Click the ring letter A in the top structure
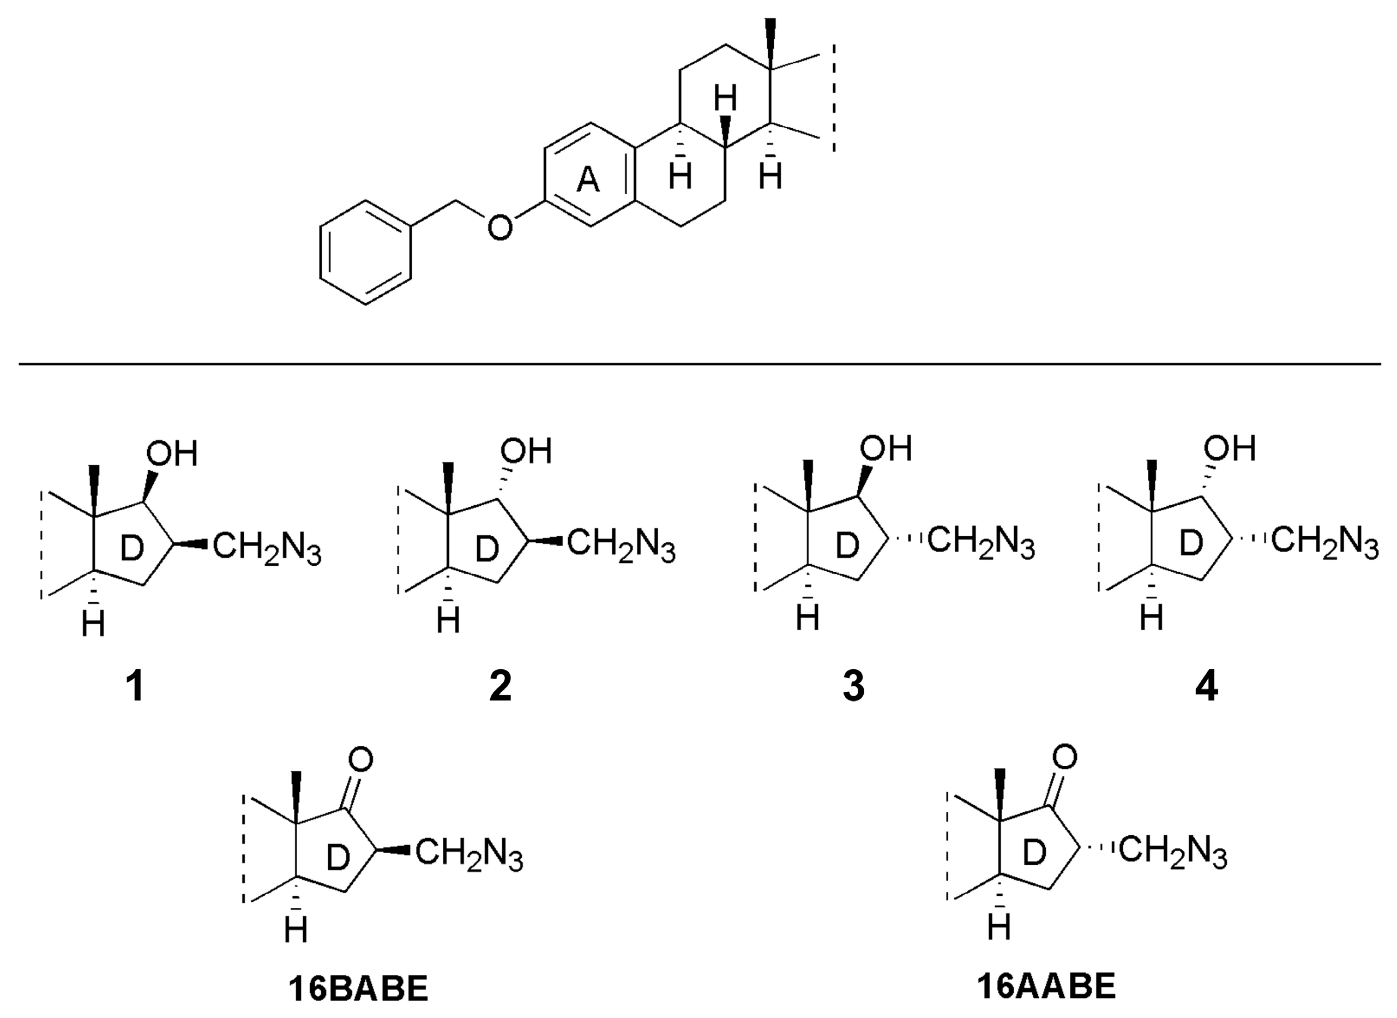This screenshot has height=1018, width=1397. [588, 181]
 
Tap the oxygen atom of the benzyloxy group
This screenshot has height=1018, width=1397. [499, 227]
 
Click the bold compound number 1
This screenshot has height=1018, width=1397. [136, 686]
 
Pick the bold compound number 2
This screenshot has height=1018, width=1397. [500, 686]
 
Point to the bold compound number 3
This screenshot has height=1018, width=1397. [854, 686]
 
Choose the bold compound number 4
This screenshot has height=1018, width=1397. [1206, 686]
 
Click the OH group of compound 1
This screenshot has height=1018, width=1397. [171, 454]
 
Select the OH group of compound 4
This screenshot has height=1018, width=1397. [1230, 448]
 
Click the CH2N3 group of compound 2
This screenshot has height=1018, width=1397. [621, 547]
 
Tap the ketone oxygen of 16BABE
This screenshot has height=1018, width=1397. [360, 760]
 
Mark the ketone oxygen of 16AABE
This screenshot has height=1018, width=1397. [1065, 756]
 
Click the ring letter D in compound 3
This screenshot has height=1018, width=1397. [847, 546]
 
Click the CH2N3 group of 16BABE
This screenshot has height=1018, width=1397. [469, 855]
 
